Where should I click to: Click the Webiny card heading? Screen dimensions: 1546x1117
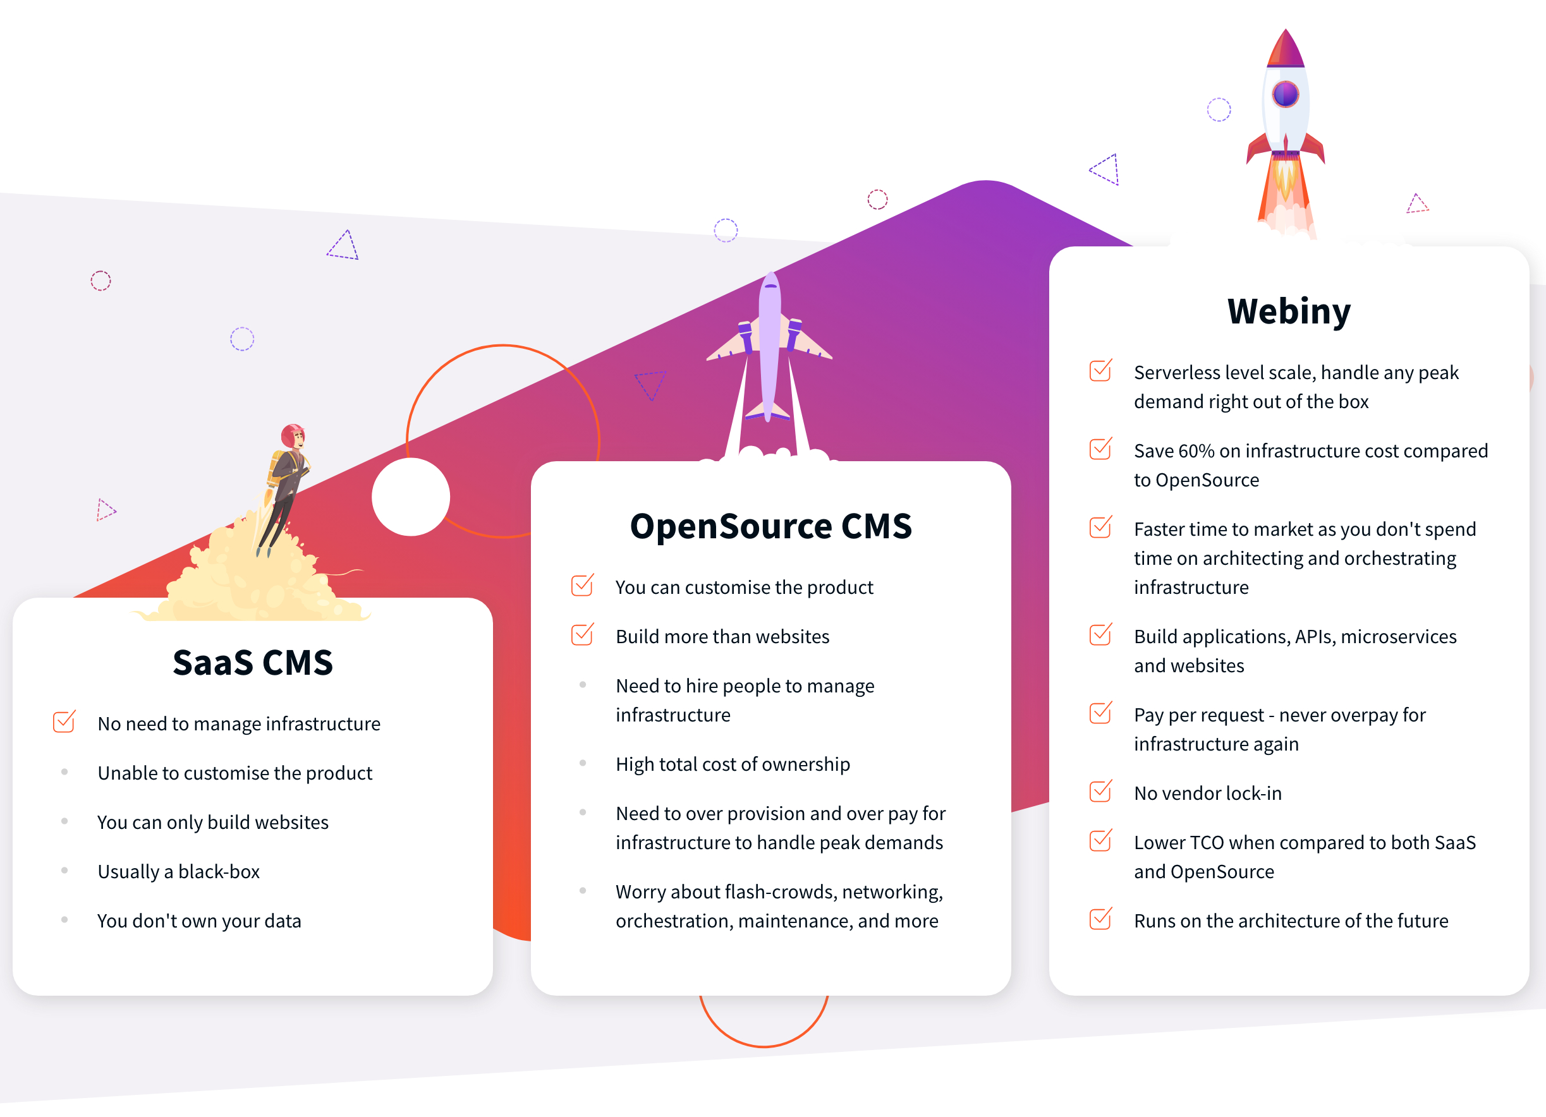coord(1288,311)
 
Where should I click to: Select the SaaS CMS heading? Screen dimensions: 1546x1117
coord(253,663)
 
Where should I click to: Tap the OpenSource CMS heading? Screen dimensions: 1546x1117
coord(771,526)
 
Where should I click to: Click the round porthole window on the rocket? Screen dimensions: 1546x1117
coord(1286,94)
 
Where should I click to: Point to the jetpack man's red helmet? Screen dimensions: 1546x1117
coord(293,435)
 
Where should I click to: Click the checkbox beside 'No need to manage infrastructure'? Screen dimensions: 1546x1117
coord(64,721)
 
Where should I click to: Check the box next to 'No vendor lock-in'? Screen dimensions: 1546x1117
coord(1101,790)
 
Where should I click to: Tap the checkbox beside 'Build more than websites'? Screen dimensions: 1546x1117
coord(582,634)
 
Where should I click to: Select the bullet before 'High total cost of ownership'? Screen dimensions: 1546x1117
coord(583,763)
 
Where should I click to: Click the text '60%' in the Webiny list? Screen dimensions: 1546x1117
coord(1196,451)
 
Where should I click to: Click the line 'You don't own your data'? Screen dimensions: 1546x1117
coord(199,921)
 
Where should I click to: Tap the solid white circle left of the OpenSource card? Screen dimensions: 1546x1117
coord(410,497)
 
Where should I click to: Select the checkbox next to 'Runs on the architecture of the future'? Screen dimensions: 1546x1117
coord(1101,918)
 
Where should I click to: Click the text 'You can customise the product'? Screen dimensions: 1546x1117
coord(745,588)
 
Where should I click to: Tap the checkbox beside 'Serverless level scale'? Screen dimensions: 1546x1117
coord(1101,370)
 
